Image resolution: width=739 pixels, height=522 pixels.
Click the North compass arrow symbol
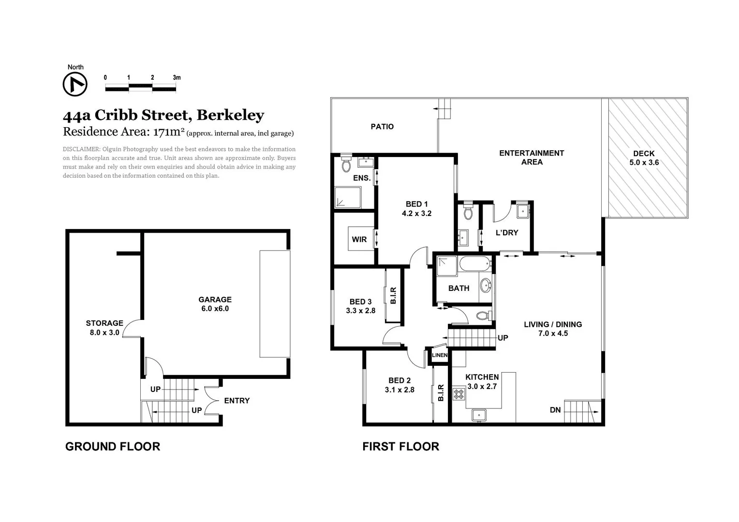75,85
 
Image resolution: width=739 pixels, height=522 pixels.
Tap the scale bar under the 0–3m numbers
140,87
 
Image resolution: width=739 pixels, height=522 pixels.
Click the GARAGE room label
215,300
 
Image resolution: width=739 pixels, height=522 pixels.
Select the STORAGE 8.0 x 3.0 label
104,328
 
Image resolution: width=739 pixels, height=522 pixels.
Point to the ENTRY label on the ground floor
237,401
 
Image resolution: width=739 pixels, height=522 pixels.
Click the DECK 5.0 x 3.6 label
644,158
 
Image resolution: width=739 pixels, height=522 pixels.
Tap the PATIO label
382,127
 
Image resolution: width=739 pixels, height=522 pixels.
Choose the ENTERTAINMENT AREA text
532,158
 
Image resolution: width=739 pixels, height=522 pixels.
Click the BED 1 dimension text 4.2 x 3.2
416,213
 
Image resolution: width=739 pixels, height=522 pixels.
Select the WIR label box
359,239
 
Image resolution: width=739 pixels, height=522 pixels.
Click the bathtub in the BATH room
474,264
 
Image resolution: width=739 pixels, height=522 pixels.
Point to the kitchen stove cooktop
458,394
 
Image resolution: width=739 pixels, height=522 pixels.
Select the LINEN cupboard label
440,355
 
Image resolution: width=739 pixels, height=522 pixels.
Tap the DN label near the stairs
555,410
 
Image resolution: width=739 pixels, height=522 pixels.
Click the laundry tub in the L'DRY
522,211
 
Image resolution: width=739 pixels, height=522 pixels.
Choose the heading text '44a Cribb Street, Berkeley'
163,115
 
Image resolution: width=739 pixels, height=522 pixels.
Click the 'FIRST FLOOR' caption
400,447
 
